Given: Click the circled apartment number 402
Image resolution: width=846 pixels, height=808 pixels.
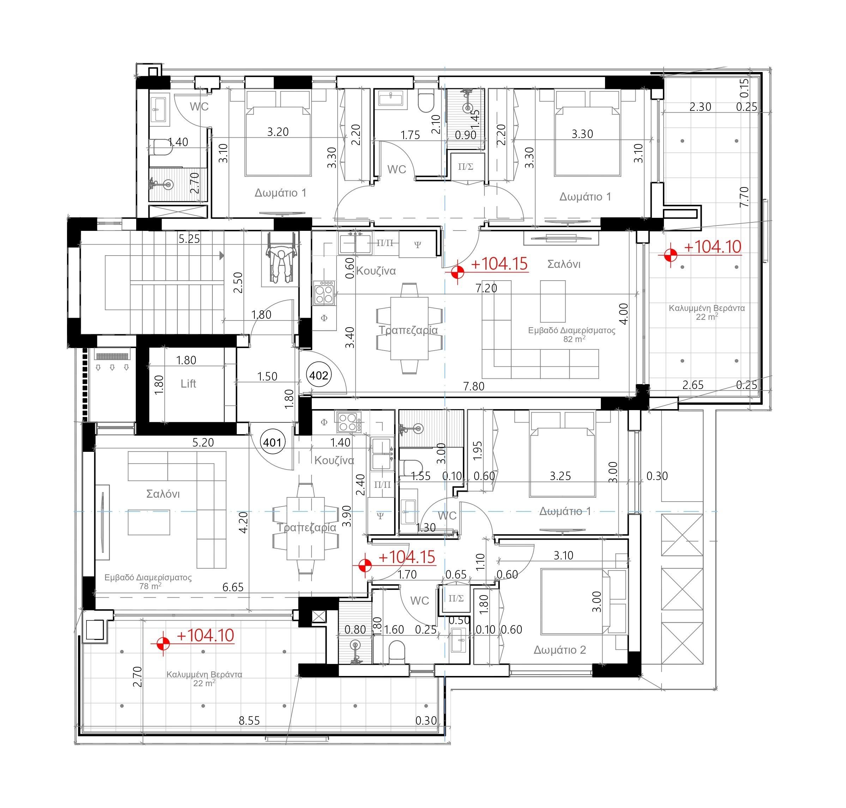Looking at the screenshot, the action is pyautogui.click(x=319, y=375).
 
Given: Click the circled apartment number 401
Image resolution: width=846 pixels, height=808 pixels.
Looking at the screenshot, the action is pyautogui.click(x=272, y=442).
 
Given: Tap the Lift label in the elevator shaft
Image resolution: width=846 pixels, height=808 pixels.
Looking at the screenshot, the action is pyautogui.click(x=188, y=383).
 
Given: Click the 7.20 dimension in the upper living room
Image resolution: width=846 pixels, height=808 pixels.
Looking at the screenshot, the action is pyautogui.click(x=486, y=288).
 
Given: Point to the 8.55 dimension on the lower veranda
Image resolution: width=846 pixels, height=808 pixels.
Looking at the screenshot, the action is pyautogui.click(x=249, y=720).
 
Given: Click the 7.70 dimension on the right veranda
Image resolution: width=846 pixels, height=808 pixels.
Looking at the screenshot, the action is pyautogui.click(x=744, y=197).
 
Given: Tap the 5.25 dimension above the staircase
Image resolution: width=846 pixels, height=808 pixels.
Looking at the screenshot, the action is pyautogui.click(x=189, y=239).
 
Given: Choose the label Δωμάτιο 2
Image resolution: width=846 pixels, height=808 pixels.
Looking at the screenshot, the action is pyautogui.click(x=560, y=650).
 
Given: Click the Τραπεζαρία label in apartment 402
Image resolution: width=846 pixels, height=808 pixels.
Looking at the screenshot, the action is pyautogui.click(x=408, y=330).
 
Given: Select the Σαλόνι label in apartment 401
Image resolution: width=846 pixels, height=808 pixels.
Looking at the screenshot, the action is pyautogui.click(x=163, y=493).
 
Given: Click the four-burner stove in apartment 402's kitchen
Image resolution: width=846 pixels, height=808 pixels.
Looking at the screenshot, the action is pyautogui.click(x=325, y=293).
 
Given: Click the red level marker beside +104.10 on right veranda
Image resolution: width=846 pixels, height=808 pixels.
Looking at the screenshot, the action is pyautogui.click(x=670, y=255).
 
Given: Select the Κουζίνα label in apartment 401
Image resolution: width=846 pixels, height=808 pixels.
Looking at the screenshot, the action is pyautogui.click(x=334, y=460).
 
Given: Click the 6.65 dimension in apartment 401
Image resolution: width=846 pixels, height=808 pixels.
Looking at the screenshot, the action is pyautogui.click(x=233, y=587).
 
